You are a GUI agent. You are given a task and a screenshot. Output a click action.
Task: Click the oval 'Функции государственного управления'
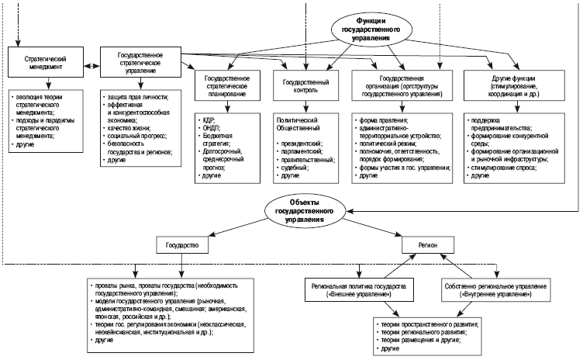point(370,29)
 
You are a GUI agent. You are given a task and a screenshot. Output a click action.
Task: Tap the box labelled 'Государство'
point(183,244)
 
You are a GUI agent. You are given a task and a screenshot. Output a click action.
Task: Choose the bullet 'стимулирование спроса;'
point(505,167)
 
